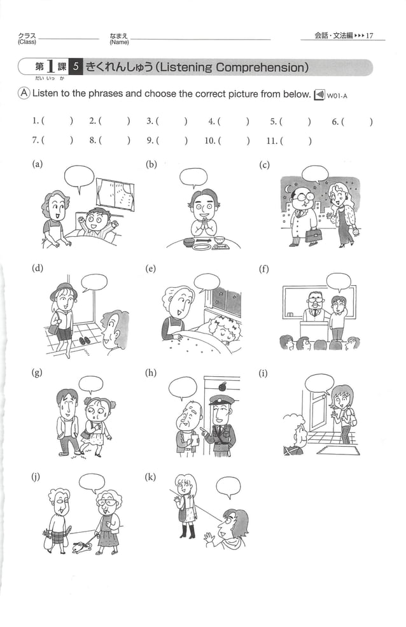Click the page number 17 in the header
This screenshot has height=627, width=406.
tap(370, 36)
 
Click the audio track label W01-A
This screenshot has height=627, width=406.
tap(339, 96)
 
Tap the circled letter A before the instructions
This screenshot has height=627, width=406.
tap(23, 94)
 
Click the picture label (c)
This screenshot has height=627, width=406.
tap(265, 166)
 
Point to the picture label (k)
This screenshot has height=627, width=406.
tap(151, 476)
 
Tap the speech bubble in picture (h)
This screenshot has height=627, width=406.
tap(183, 387)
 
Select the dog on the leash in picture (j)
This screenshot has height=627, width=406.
tap(80, 546)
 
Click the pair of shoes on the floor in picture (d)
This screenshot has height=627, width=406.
tap(85, 341)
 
